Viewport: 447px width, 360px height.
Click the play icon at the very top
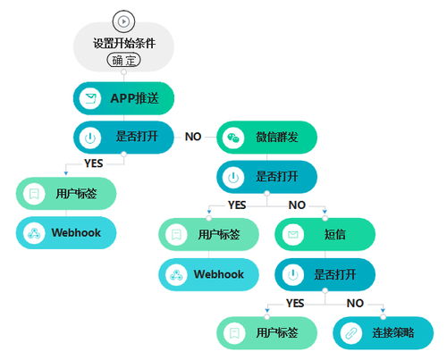click(122, 20)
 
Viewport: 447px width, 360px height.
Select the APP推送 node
click(122, 98)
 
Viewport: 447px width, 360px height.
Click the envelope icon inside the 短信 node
click(292, 234)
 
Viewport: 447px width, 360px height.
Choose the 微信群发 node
click(266, 137)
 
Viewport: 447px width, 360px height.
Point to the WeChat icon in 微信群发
click(232, 138)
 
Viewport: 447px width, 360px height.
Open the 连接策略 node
click(383, 332)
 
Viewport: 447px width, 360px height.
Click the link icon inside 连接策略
click(350, 332)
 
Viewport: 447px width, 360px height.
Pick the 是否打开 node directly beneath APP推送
click(122, 138)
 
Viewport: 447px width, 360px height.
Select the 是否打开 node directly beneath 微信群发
click(266, 177)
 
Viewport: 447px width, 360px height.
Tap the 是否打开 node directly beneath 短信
click(324, 274)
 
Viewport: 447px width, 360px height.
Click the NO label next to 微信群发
click(193, 138)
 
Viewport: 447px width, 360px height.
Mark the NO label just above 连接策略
click(355, 303)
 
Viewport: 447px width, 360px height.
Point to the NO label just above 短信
click(298, 205)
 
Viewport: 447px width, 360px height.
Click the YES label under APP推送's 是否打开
click(93, 163)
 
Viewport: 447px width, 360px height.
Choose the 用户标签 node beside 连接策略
click(267, 332)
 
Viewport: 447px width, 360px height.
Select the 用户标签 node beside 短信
click(208, 234)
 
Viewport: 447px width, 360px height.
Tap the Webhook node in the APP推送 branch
click(66, 233)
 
